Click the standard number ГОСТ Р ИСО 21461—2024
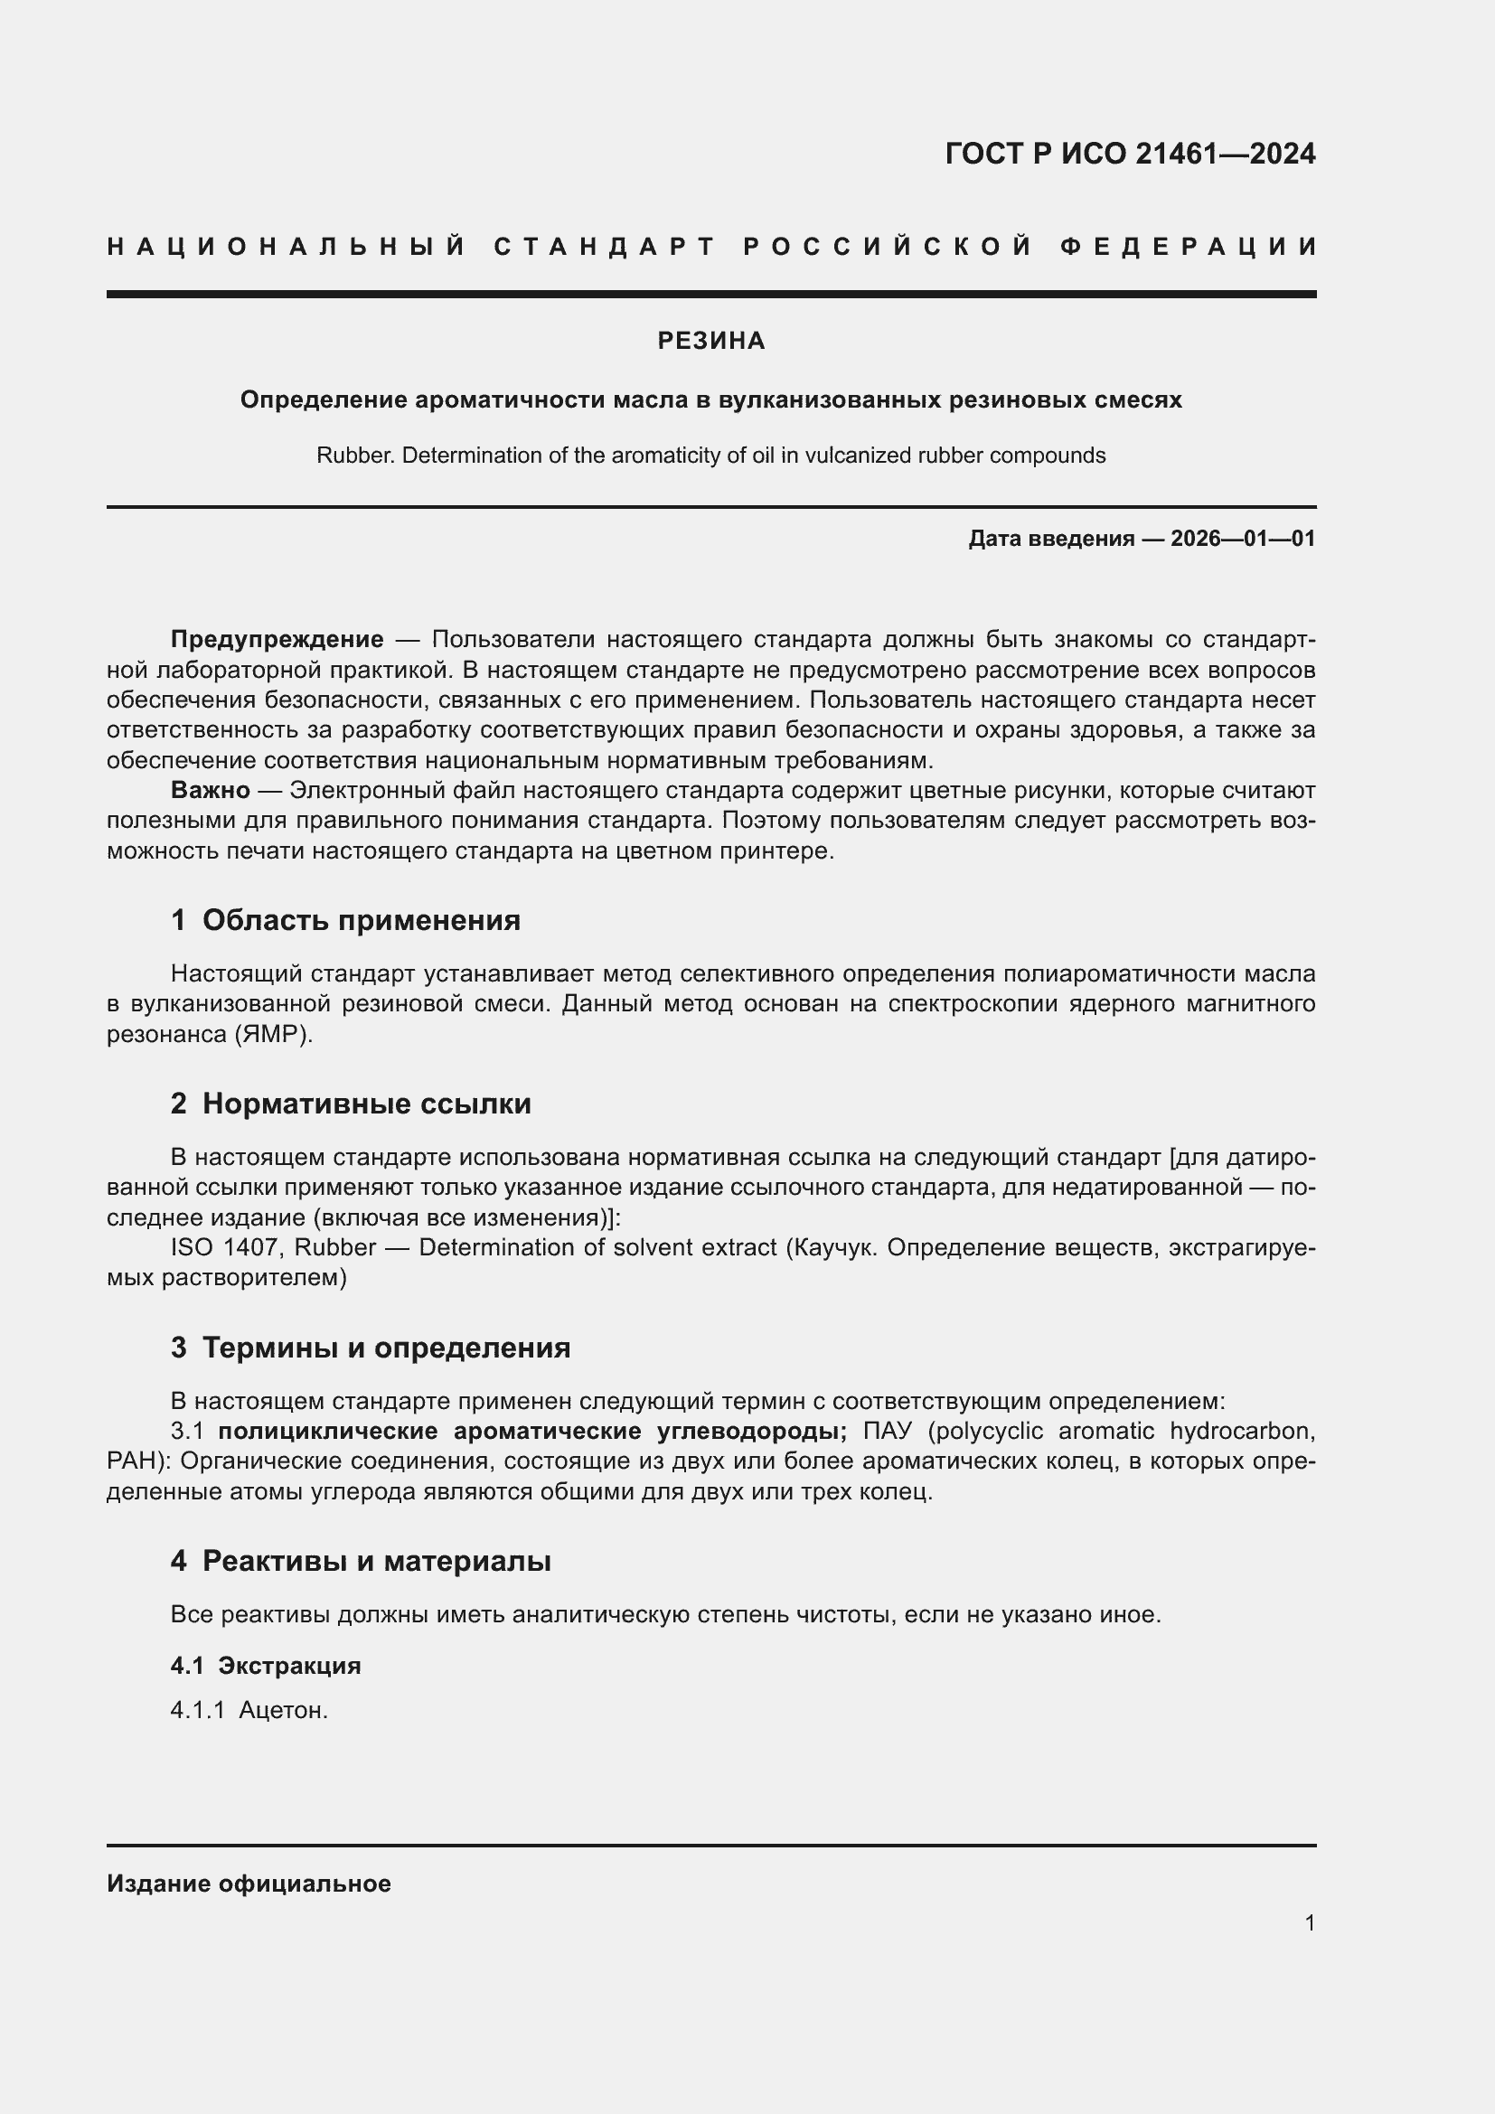(1130, 154)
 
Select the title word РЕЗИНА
(710, 342)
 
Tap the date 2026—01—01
(1243, 539)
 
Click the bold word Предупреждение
(277, 639)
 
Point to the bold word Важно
(210, 790)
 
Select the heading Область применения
(361, 920)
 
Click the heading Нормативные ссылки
(366, 1103)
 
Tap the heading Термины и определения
(386, 1347)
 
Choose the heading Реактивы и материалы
(377, 1561)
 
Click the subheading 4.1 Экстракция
(265, 1665)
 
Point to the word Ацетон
(283, 1710)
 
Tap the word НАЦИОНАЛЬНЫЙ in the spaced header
(286, 247)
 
